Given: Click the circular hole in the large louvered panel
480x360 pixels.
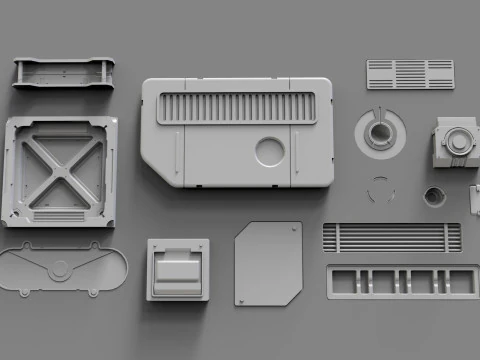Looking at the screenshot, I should click(x=270, y=152).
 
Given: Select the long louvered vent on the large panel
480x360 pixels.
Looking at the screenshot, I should click(x=237, y=107).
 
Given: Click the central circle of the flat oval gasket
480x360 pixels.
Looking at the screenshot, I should click(x=61, y=269).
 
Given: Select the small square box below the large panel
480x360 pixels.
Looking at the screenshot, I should click(x=178, y=269).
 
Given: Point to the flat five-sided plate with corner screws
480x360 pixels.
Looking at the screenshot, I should click(x=268, y=263).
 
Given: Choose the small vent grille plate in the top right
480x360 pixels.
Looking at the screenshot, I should click(x=410, y=74).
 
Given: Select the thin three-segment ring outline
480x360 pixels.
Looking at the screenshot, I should click(x=381, y=189).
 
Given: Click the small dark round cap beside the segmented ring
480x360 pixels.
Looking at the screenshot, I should click(x=433, y=194).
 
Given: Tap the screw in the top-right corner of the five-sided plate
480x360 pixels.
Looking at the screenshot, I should click(x=293, y=229).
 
